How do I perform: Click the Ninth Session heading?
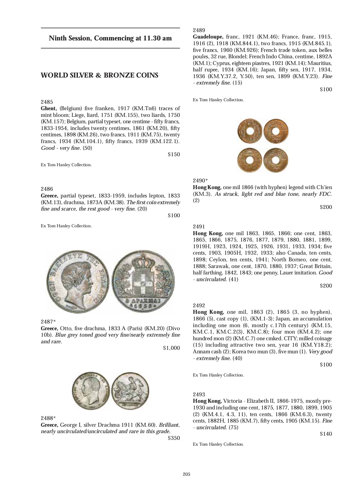coord(110,38)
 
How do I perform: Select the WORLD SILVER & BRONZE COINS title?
coord(99,75)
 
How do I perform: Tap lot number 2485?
coord(47,102)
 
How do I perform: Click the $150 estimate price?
coord(174,155)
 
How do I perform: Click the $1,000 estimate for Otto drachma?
coord(171,348)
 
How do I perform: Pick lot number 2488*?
coord(48,418)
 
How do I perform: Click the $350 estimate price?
coord(174,438)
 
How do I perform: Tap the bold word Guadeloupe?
coord(208,37)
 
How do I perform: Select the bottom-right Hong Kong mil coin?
coord(276,161)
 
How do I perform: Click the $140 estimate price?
coord(326,434)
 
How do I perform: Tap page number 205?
coord(187,474)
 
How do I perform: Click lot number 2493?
coord(199,394)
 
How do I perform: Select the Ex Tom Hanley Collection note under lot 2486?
coord(66,226)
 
